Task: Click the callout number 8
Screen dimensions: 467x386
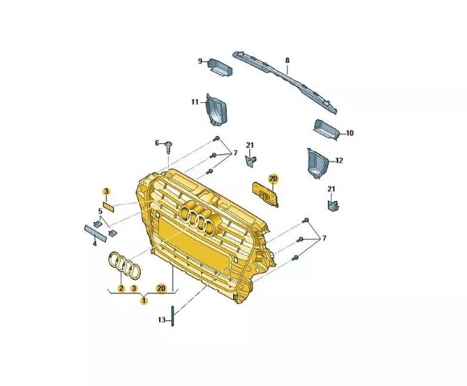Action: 287,60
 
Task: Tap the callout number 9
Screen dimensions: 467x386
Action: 200,61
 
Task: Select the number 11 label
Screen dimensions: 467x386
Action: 195,102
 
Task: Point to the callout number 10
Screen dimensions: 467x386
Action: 350,133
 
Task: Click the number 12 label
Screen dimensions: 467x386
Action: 339,161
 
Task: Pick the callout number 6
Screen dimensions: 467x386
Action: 157,143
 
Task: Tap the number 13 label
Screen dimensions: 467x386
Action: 162,320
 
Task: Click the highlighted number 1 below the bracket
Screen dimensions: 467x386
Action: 144,301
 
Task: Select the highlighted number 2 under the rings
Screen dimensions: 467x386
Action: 121,288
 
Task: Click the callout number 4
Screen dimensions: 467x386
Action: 95,244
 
